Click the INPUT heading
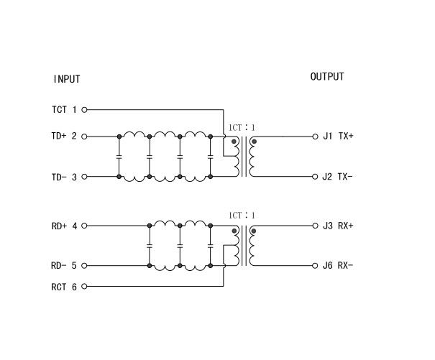66,79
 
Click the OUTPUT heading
327,77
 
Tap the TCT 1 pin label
64,110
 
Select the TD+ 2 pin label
64,137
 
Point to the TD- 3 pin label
64,177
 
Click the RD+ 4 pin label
64,226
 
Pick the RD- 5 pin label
64,266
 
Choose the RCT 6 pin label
64,287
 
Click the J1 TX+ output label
339,137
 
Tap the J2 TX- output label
339,177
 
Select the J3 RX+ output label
339,226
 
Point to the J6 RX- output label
339,266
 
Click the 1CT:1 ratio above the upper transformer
241,127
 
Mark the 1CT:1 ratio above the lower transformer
241,216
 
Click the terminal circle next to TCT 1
85,110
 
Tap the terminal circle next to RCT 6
85,287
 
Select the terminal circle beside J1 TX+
315,137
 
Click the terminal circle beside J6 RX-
315,266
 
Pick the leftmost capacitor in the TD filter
118,156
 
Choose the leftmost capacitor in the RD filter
149,246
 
